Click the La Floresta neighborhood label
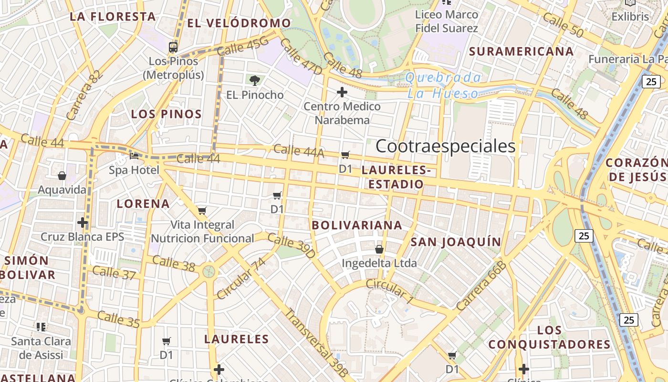pos(113,16)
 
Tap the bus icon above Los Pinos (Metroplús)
pos(173,47)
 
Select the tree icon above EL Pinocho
pos(255,80)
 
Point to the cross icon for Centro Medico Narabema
pos(342,92)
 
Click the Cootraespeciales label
pos(446,146)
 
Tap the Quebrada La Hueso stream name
pos(443,85)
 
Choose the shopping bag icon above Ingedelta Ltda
pos(379,249)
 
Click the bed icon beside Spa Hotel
pos(134,156)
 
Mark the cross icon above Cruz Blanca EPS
pos(83,223)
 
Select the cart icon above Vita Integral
pos(202,211)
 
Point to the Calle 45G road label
pos(243,46)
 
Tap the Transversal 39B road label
pos(317,343)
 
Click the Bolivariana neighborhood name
pos(357,225)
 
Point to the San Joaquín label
pos(456,242)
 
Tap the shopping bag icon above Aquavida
pos(62,176)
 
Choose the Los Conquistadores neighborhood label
pos(549,337)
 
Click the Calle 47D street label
pos(301,56)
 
